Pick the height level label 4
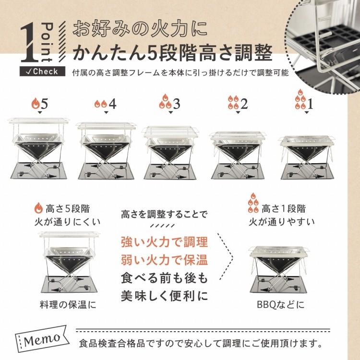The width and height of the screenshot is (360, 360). click(x=111, y=103)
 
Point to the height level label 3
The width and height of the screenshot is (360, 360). click(x=176, y=103)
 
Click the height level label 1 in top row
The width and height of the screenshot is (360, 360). click(x=310, y=103)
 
